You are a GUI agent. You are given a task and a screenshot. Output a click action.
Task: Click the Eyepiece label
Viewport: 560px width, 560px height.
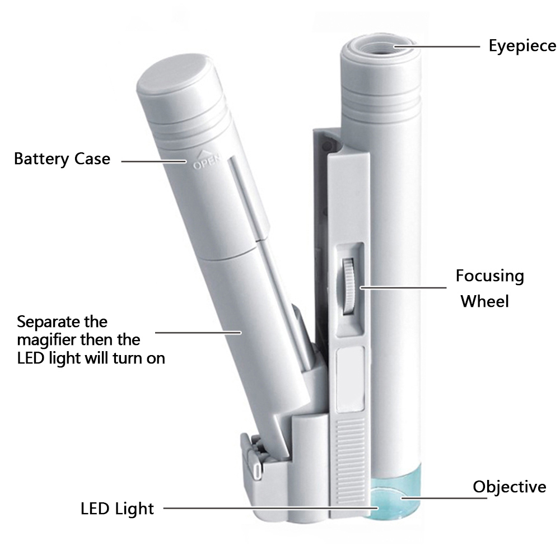tap(522, 46)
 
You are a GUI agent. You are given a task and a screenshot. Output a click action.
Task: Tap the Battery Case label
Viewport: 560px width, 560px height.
tap(62, 159)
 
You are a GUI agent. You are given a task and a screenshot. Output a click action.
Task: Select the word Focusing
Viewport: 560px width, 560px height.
tap(489, 276)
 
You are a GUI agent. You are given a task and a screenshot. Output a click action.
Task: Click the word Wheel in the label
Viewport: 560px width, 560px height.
tap(484, 302)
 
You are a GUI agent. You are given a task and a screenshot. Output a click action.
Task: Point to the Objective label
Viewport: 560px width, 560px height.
tap(509, 487)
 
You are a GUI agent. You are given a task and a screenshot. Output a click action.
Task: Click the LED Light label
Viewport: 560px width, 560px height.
tap(117, 509)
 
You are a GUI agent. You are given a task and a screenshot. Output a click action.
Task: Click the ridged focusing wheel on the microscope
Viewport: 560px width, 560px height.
tap(349, 286)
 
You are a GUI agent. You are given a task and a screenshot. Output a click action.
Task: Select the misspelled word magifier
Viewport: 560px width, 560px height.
tap(46, 340)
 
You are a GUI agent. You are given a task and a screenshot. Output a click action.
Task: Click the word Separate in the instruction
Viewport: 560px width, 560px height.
tap(45, 323)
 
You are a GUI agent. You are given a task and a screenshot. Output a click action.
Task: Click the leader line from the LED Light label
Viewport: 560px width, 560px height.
tap(269, 509)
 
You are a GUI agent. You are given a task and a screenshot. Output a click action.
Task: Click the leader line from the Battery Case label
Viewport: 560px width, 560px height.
tap(154, 161)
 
